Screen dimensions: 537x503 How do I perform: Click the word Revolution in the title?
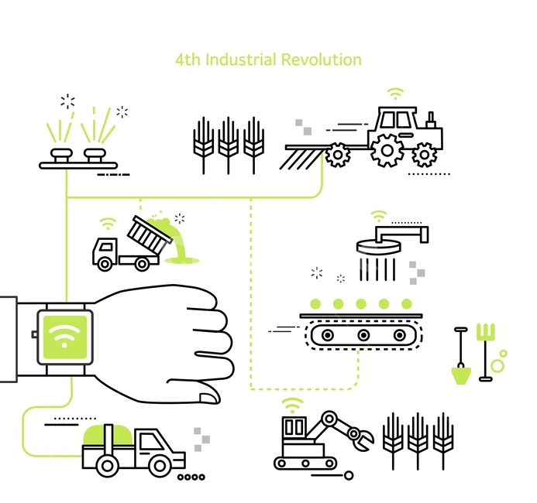322,60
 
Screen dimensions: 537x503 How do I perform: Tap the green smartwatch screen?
65,337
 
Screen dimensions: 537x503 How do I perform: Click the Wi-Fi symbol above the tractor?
395,94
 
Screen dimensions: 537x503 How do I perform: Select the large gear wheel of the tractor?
387,150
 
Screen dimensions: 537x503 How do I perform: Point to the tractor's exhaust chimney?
431,120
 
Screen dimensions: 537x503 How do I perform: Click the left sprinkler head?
61,155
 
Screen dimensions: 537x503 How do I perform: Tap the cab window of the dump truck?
107,247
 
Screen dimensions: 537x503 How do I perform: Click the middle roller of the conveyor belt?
363,335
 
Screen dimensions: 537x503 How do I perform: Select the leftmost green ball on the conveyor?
315,303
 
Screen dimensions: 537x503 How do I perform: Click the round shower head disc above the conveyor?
378,246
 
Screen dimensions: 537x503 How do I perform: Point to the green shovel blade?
461,375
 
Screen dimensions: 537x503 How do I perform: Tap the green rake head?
486,332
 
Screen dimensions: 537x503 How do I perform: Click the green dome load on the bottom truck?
108,436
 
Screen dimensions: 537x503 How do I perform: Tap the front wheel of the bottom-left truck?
160,465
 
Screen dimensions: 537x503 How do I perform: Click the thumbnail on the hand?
209,398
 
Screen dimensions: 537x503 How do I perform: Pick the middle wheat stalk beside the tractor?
229,145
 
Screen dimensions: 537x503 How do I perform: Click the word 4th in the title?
188,60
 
